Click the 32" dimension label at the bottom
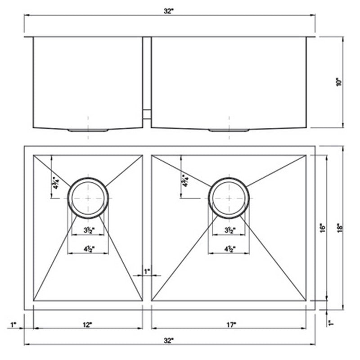[x=169, y=341]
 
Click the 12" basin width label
[x=87, y=324]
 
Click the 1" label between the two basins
[x=147, y=271]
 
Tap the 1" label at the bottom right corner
[x=331, y=323]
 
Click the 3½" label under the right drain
[x=229, y=231]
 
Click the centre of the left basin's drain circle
[x=88, y=198]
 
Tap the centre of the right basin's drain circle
[x=229, y=198]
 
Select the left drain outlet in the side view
[x=88, y=130]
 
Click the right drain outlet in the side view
[x=229, y=130]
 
